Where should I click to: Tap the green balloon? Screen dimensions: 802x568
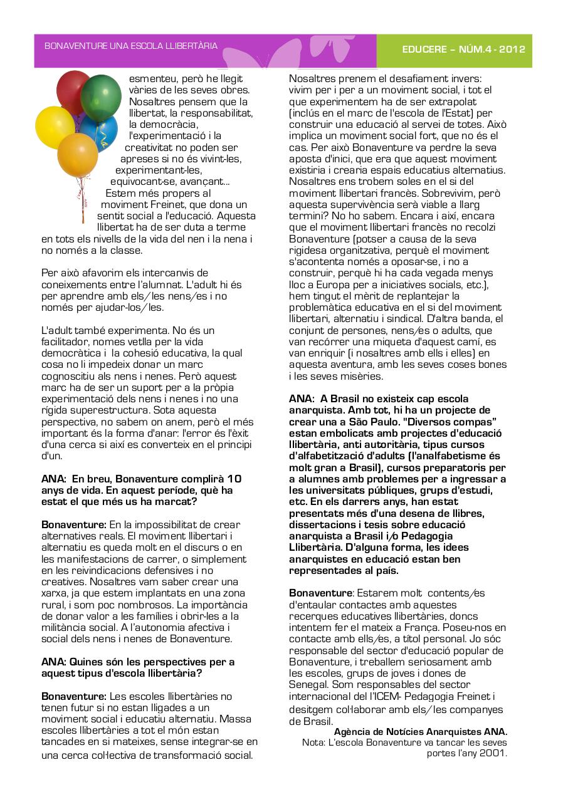pyautogui.click(x=102, y=98)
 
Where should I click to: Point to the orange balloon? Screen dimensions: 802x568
pyautogui.click(x=78, y=154)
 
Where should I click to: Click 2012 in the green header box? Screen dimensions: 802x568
pyautogui.click(x=512, y=50)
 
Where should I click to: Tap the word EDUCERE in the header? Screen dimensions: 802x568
pyautogui.click(x=424, y=50)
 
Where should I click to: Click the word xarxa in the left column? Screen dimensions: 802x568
pyautogui.click(x=53, y=593)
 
